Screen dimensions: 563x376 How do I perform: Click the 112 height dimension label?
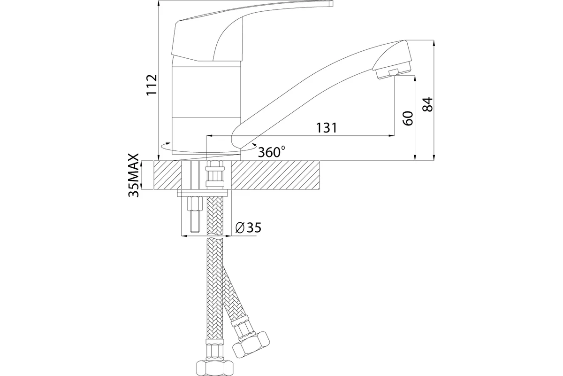click(152, 85)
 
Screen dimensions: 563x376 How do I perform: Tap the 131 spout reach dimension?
click(326, 128)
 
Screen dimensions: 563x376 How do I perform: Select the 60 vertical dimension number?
click(408, 118)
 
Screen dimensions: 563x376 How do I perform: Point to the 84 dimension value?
click(427, 104)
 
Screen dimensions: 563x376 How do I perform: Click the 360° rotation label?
click(272, 152)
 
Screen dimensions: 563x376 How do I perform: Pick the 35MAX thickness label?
click(133, 175)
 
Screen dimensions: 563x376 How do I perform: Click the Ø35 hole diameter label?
click(248, 227)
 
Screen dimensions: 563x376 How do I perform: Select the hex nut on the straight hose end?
click(214, 368)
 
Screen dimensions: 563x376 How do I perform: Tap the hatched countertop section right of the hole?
click(275, 175)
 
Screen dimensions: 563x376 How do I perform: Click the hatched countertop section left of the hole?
click(167, 175)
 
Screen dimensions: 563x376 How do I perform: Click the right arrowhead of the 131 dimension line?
click(392, 136)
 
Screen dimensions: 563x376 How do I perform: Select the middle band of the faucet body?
click(206, 92)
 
